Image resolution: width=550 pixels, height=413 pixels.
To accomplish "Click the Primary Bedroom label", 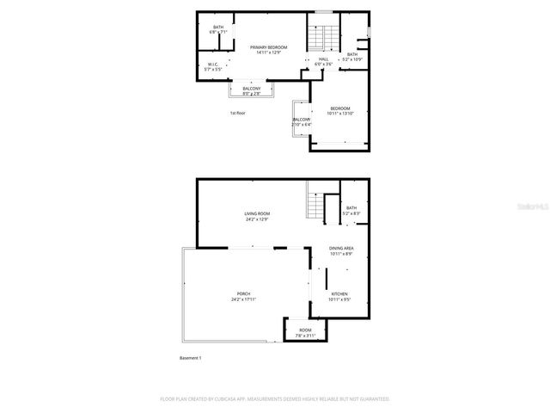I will (x=268, y=50).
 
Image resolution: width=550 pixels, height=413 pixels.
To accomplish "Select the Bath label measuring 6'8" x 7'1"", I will (x=218, y=29).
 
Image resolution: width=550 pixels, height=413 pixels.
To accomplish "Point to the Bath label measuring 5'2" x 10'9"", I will (x=352, y=57).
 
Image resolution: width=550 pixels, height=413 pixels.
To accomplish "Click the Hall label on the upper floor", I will (x=323, y=61).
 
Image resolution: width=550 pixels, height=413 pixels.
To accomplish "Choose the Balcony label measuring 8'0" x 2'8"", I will (x=251, y=91).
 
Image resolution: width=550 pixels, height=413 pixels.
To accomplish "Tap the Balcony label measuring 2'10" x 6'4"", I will (x=301, y=121).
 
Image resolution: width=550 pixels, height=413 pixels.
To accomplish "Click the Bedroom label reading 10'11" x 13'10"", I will (x=341, y=110).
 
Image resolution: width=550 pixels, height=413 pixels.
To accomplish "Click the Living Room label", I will (x=257, y=216).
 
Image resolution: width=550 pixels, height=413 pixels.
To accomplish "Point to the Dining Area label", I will (x=341, y=251).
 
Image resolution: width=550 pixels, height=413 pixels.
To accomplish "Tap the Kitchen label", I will (x=341, y=296).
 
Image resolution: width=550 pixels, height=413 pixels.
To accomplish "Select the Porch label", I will (x=244, y=297).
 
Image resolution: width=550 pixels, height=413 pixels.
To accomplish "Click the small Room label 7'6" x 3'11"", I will (x=306, y=333).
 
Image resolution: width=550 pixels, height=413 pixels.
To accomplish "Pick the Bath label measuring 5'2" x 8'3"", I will (x=351, y=210).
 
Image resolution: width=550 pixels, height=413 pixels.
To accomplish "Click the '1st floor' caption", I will (x=237, y=113).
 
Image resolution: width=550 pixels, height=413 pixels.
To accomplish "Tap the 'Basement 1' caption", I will (x=190, y=358).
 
